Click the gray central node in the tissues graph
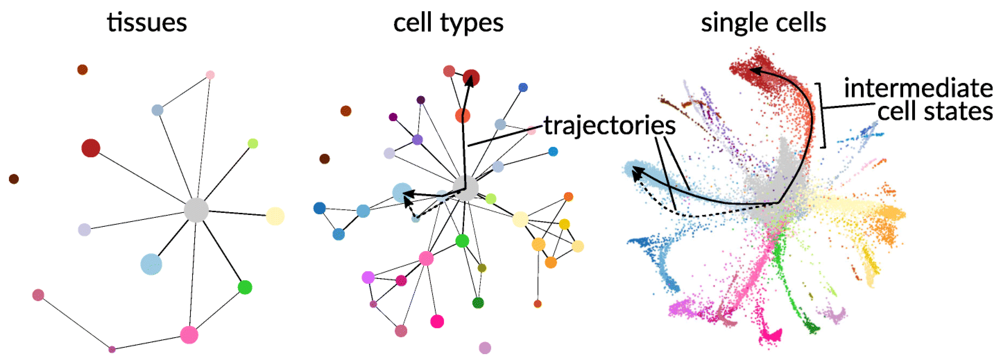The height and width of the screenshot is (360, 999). (x=196, y=210)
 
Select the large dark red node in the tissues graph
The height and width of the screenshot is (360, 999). (x=91, y=148)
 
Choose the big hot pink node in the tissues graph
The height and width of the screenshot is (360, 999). (x=189, y=335)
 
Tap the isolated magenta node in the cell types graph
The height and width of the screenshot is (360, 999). (x=437, y=321)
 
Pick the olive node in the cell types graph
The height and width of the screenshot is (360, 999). (x=482, y=268)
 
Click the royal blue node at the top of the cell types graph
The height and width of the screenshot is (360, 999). (x=523, y=87)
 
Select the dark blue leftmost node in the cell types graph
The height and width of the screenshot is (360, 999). (x=320, y=208)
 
